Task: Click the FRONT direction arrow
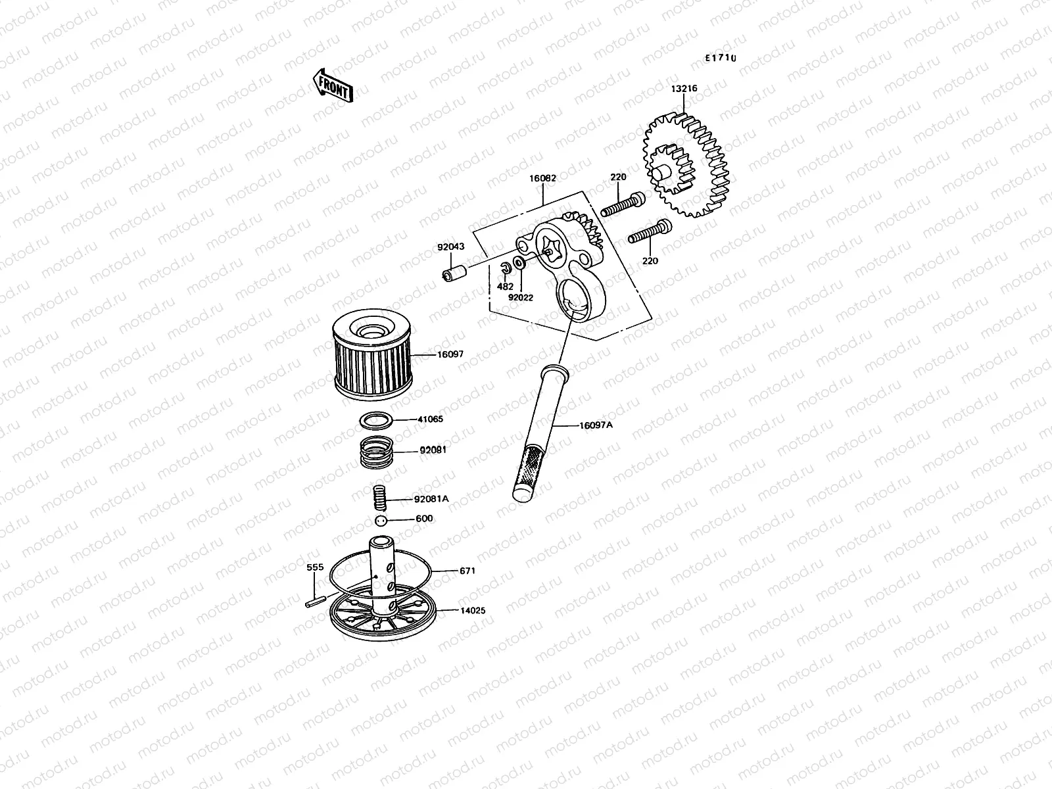click(332, 86)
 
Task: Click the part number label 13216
click(684, 89)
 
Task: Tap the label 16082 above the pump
click(542, 178)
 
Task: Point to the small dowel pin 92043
click(453, 272)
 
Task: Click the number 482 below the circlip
click(505, 287)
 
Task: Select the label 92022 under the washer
click(521, 297)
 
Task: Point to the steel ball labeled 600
click(379, 521)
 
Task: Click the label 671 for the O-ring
click(467, 571)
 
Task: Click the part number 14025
click(472, 611)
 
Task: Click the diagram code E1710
click(721, 58)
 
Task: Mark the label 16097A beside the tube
click(596, 425)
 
